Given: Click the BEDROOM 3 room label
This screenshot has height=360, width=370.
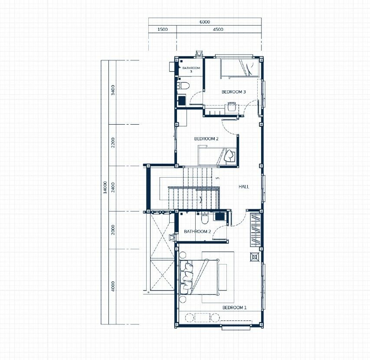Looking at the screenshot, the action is point(234,92).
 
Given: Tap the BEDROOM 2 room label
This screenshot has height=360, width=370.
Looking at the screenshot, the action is point(206,139).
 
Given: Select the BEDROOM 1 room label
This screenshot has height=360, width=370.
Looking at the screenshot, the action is point(234,307).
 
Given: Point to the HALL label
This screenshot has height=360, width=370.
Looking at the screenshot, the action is point(243,187).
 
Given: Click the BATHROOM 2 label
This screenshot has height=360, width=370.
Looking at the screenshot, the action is point(197,231).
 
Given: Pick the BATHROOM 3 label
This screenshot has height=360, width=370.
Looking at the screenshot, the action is point(191,69).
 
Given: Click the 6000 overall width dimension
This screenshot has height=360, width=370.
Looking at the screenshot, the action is point(205,22).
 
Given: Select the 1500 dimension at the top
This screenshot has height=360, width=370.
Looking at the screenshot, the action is point(162,29).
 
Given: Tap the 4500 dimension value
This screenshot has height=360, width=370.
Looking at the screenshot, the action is point(218,29).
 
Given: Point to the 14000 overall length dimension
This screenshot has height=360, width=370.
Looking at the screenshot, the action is point(105,187).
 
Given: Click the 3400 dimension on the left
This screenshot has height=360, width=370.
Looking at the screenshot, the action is point(113,90).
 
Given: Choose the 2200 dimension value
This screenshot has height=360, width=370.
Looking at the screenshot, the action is point(113,143).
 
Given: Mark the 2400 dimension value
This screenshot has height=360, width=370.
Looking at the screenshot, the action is point(113,187).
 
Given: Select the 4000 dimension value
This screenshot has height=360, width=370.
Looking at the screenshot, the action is point(113,286).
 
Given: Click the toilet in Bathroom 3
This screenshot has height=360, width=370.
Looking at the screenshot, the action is point(183,86).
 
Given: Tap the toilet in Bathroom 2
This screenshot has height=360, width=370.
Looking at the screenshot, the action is point(205,218).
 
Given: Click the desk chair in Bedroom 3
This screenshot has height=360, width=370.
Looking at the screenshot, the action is point(232,106).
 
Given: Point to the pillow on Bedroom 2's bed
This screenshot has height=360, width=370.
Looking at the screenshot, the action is point(229,156).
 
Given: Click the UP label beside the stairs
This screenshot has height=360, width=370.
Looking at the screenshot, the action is point(217,178).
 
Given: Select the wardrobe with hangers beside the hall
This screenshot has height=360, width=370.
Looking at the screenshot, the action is point(255,230).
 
